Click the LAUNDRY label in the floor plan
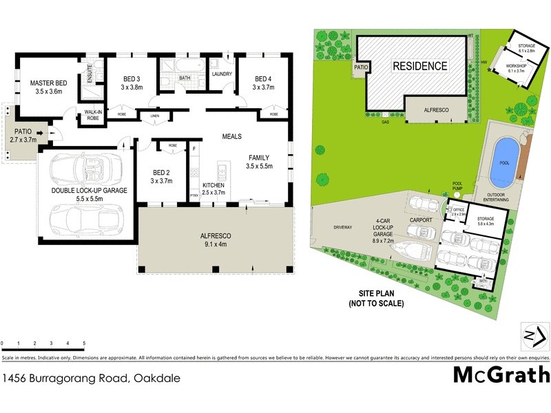click(x=221, y=74)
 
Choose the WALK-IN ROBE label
click(x=92, y=115)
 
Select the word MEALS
click(x=231, y=137)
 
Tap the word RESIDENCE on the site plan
click(x=420, y=66)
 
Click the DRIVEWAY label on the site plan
click(x=342, y=226)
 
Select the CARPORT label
click(x=421, y=220)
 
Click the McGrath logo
click(x=501, y=374)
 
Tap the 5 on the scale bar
click(x=84, y=343)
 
